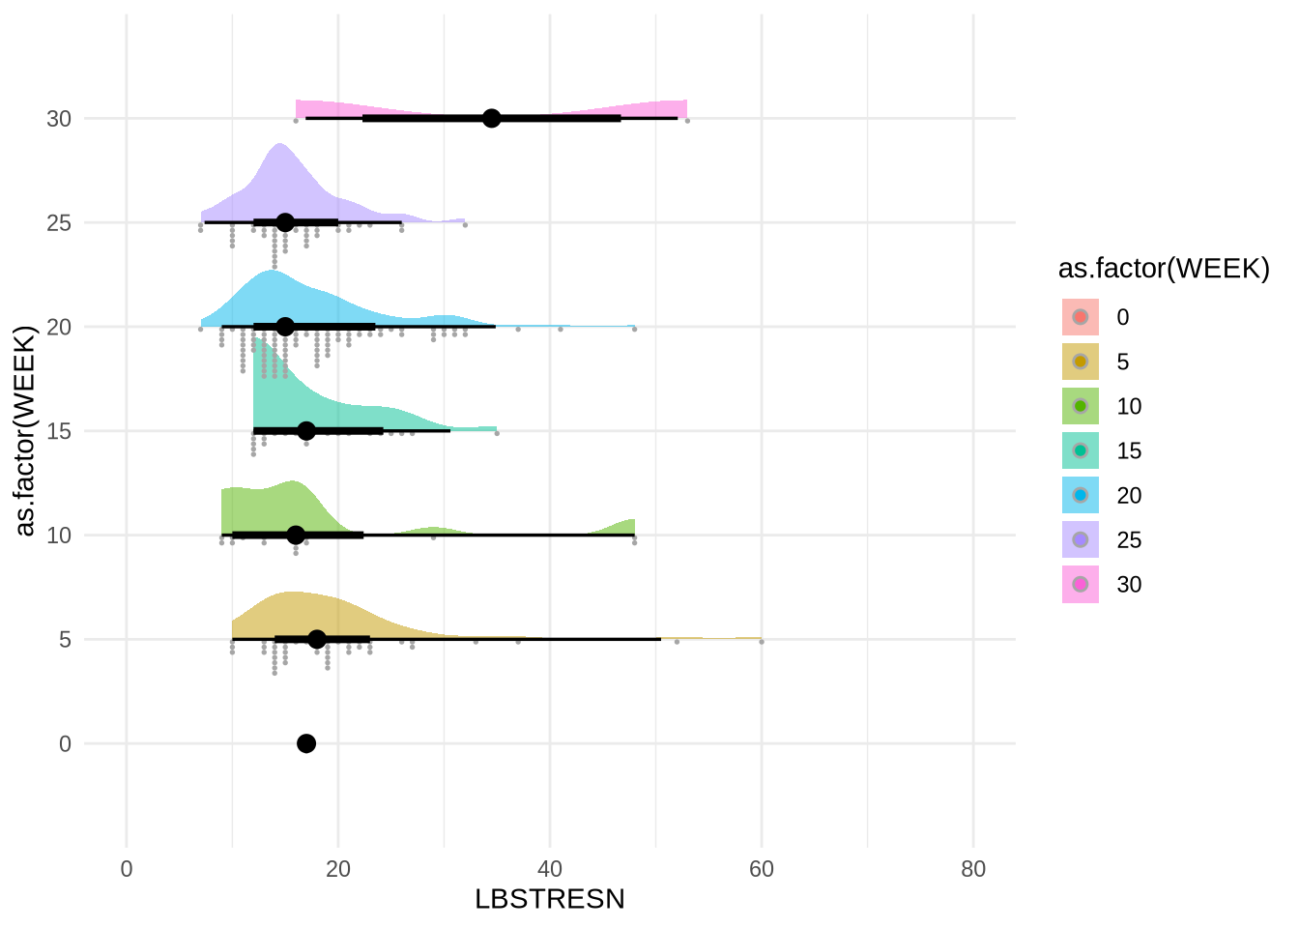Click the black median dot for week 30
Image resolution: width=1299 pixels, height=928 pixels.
pos(492,118)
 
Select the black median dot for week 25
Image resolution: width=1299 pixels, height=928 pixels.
pos(285,222)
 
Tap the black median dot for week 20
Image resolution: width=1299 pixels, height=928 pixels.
pos(285,327)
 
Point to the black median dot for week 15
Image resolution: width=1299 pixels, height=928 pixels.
pos(306,430)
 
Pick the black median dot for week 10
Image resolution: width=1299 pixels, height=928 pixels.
pos(296,535)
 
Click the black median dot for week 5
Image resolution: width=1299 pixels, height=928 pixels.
pos(317,639)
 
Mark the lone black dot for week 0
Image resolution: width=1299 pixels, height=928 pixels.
pos(306,743)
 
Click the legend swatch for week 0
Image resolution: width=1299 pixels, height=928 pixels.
pos(1081,317)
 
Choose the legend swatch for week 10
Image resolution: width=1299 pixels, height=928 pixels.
pos(1081,406)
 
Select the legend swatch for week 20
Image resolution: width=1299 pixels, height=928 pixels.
pos(1081,495)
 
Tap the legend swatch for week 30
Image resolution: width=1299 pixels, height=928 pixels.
pos(1081,584)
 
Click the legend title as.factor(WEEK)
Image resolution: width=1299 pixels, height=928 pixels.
pos(1164,269)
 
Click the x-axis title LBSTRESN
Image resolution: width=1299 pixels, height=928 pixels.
pos(550,899)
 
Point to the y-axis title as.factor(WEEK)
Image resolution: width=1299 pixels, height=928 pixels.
pos(26,430)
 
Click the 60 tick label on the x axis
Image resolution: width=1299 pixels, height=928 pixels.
pos(762,869)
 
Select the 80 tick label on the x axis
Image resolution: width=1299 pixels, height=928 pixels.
pos(973,869)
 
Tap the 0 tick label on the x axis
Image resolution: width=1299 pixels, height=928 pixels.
pos(127,869)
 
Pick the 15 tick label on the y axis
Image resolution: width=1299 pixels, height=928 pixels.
pos(59,431)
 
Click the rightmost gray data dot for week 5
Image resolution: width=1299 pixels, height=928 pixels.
pos(762,642)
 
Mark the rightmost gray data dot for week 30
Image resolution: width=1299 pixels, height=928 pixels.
pos(687,121)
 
